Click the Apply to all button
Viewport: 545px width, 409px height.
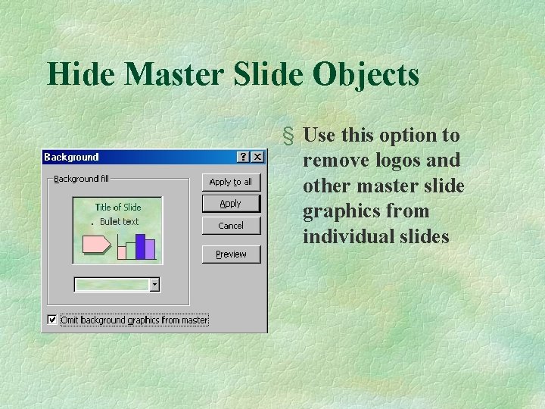point(231,182)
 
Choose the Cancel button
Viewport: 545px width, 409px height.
point(231,226)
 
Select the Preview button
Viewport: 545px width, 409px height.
point(231,254)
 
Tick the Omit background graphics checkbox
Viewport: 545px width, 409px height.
point(51,320)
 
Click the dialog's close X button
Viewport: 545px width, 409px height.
point(257,157)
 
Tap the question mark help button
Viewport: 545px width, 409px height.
point(243,157)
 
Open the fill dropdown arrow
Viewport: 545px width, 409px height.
point(155,285)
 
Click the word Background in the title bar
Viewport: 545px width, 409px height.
point(71,158)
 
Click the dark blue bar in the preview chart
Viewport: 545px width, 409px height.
point(141,246)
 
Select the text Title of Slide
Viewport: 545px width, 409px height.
point(118,207)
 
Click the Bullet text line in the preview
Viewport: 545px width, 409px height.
point(120,222)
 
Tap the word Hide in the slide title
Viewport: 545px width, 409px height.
point(80,74)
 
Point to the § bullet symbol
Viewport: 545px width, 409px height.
point(288,136)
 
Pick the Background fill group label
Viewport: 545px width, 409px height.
point(81,179)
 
